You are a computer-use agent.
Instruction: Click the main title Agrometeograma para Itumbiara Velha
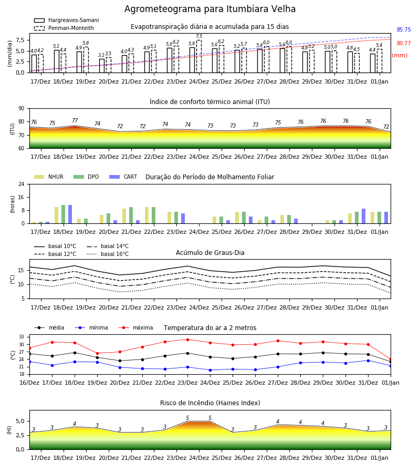[x=210, y=9]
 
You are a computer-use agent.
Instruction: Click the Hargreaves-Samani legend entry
[x=67, y=20]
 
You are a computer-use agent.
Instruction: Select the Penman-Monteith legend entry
[x=64, y=28]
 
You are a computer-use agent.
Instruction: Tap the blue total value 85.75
[x=404, y=29]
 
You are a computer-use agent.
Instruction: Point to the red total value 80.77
[x=404, y=43]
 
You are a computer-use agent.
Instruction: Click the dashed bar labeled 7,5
[x=199, y=56]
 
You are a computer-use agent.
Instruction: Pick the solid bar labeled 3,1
[x=102, y=66]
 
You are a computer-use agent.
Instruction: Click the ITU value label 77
[x=75, y=120]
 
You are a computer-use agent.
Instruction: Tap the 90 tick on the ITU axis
[x=22, y=109]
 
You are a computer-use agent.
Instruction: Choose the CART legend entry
[x=123, y=177]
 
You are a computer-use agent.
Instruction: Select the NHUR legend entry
[x=49, y=177]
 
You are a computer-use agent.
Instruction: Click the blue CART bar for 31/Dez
[x=364, y=216]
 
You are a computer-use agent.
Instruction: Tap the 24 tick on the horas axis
[x=22, y=184]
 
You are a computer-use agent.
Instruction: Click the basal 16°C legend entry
[x=108, y=254]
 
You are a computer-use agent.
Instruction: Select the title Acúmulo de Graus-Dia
[x=210, y=253]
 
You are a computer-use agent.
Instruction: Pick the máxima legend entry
[x=135, y=327]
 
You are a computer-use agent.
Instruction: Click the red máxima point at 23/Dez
[x=188, y=340]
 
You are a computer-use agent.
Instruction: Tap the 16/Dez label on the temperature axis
[x=29, y=383]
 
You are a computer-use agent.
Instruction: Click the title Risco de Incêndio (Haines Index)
[x=210, y=403]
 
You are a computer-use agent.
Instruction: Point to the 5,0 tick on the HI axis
[x=20, y=421]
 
